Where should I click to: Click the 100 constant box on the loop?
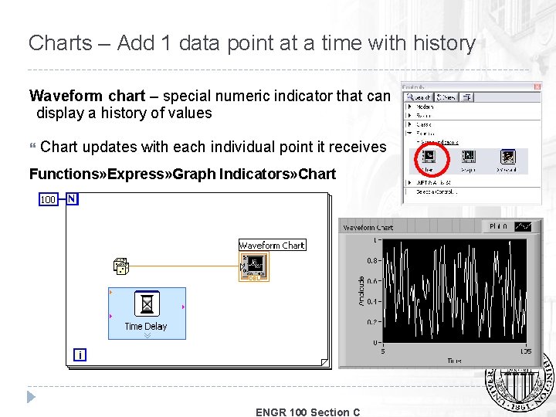pyautogui.click(x=48, y=199)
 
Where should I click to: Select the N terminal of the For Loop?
pyautogui.click(x=71, y=198)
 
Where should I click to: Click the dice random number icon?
pyautogui.click(x=121, y=266)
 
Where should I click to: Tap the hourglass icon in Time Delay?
pyautogui.click(x=146, y=303)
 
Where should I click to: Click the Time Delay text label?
pyautogui.click(x=146, y=327)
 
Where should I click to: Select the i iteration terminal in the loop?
pyautogui.click(x=79, y=354)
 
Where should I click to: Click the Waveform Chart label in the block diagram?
pyautogui.click(x=272, y=245)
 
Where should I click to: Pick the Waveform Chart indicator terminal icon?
pyautogui.click(x=254, y=266)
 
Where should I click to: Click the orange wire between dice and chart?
pyautogui.click(x=185, y=266)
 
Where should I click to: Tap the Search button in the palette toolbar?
pyautogui.click(x=419, y=97)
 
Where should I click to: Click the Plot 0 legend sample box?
pyautogui.click(x=523, y=226)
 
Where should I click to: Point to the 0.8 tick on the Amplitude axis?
pyautogui.click(x=371, y=261)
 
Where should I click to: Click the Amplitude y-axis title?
pyautogui.click(x=361, y=291)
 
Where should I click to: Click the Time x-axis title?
pyautogui.click(x=456, y=361)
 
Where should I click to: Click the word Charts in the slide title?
pyautogui.click(x=60, y=42)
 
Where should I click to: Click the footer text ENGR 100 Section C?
pyautogui.click(x=307, y=412)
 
